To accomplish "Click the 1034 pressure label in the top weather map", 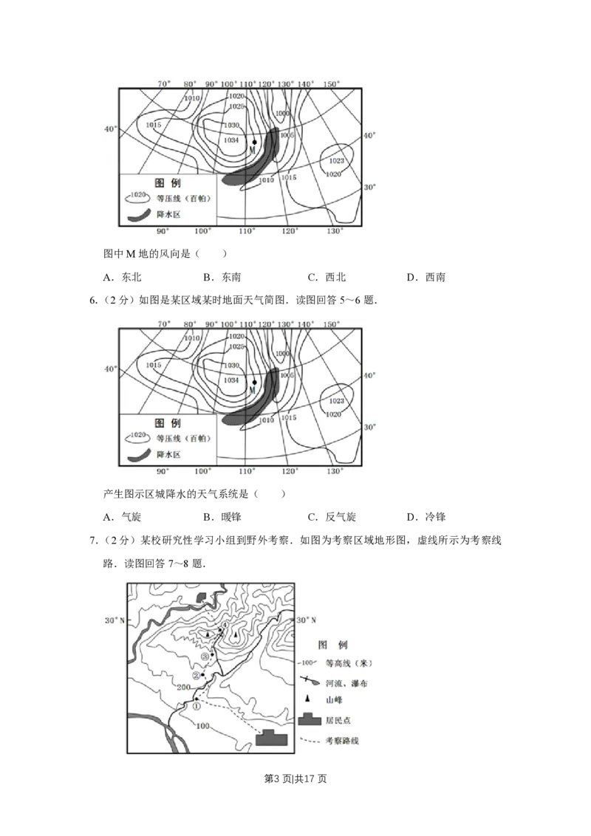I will point(230,140).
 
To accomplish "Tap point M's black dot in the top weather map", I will point(254,142).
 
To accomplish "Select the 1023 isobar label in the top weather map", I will point(337,160).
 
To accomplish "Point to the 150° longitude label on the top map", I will point(332,84).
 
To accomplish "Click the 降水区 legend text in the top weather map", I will point(168,214).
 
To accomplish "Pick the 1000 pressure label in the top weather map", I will point(282,113).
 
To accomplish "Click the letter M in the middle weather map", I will point(251,390).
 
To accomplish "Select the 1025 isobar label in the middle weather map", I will point(236,346).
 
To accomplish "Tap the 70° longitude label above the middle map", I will point(164,324).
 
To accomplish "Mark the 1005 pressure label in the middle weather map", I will point(287,376).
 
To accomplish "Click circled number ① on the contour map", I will point(196,705).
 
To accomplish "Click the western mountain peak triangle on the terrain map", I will point(208,634).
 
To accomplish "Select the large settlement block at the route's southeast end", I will point(270,739).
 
